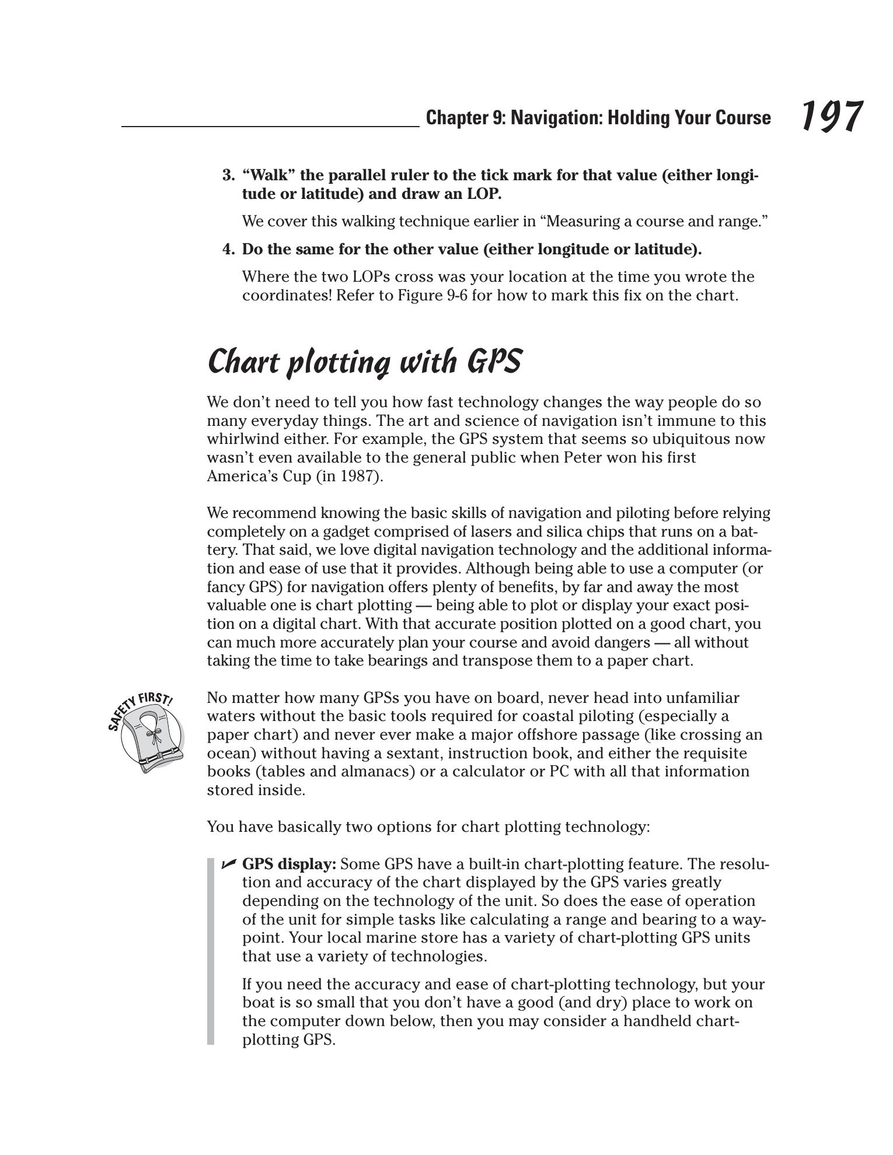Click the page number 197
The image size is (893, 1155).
(x=831, y=116)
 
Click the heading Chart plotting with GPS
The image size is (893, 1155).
(x=364, y=362)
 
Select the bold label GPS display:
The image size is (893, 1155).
(x=289, y=864)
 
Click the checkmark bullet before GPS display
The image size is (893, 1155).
(x=229, y=864)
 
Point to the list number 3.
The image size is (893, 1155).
(x=228, y=175)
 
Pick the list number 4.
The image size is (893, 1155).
(x=228, y=249)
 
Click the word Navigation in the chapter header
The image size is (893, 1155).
(x=556, y=118)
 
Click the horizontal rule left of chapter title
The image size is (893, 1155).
(x=270, y=126)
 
